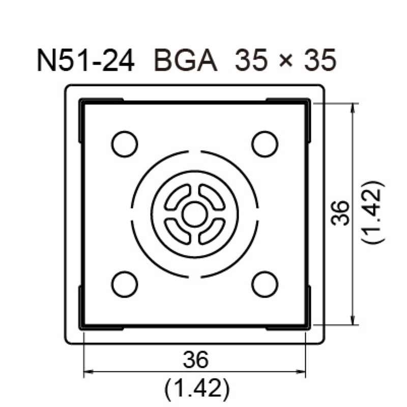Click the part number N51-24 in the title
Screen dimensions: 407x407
click(86, 61)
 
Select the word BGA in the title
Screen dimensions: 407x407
click(185, 61)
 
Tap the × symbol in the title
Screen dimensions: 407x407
click(286, 61)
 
